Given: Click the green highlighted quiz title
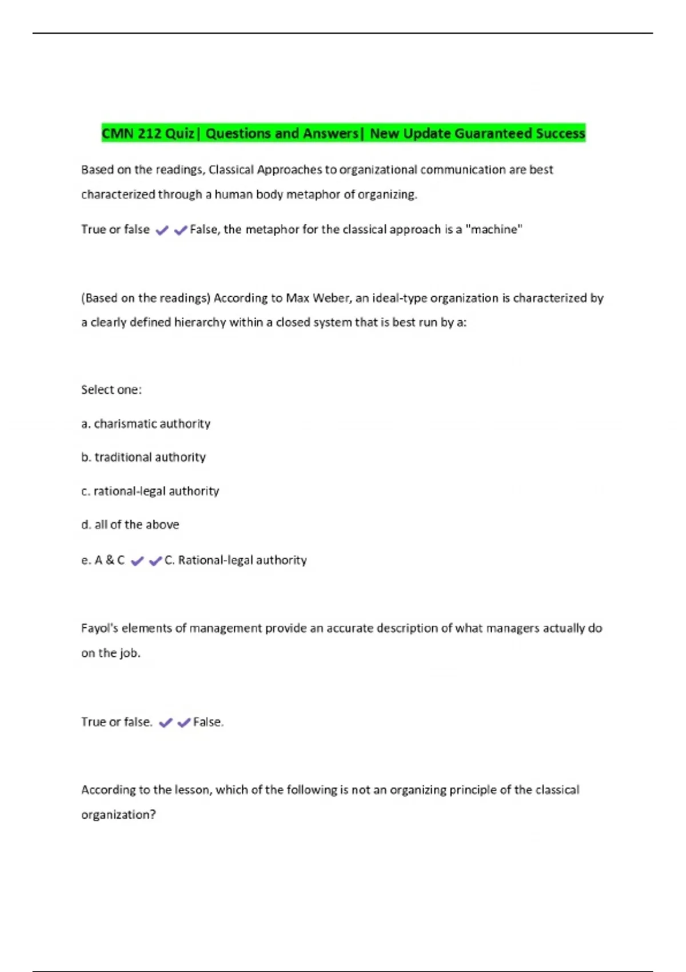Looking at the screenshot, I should coord(343,133).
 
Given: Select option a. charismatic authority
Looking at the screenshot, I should coord(146,424).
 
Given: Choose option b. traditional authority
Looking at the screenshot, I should coord(143,457).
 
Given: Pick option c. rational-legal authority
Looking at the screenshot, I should coord(150,491).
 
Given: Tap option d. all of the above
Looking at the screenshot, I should coord(130,525).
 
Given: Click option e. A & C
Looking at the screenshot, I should coord(103,560).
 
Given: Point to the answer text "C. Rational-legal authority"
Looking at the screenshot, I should coord(236,560).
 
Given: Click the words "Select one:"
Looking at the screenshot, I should coord(111,390).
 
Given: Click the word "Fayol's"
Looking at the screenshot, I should coord(99,628).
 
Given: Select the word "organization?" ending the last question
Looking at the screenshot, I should coord(118,815).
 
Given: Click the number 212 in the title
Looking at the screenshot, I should coord(149,133).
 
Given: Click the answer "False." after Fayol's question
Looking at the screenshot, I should coord(208,722).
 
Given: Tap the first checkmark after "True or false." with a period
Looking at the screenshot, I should coord(166,723).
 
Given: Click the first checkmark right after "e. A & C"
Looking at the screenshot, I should coord(137,561).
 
